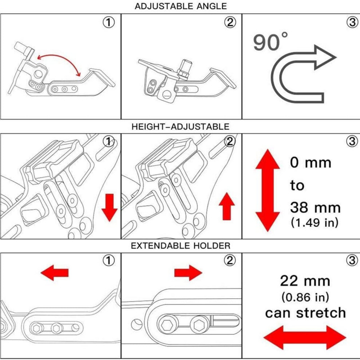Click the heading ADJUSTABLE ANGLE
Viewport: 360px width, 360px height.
[180, 6]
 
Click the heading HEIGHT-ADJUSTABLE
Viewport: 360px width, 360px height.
[180, 127]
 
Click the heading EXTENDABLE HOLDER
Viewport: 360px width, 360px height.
[180, 246]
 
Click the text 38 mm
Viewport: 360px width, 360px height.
[315, 207]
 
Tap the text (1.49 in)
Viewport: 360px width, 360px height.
[315, 222]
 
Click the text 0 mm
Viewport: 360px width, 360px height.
[310, 162]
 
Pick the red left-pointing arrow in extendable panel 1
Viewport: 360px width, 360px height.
[54, 272]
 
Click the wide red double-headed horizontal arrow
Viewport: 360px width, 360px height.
[305, 337]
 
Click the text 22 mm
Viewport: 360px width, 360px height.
[305, 282]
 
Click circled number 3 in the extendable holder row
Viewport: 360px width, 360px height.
[351, 260]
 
